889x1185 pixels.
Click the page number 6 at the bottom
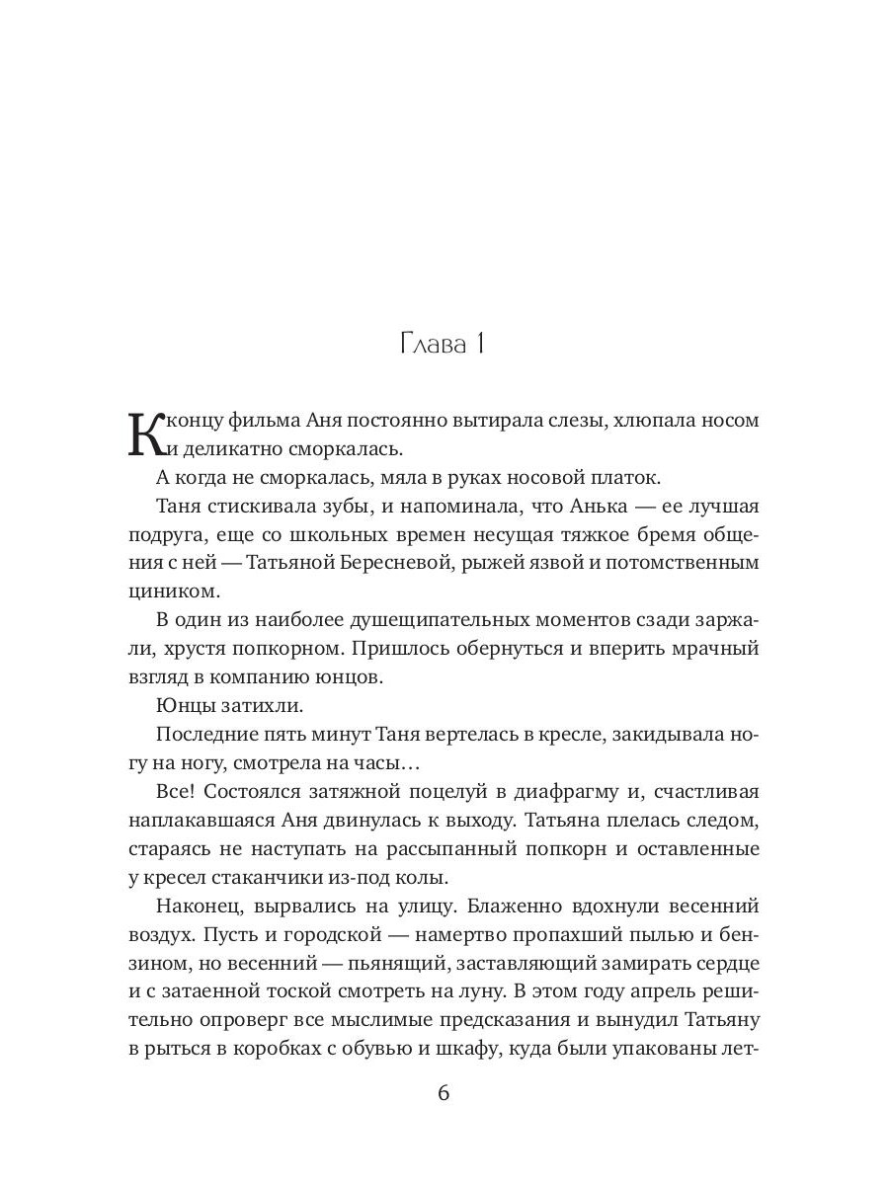(x=444, y=1093)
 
